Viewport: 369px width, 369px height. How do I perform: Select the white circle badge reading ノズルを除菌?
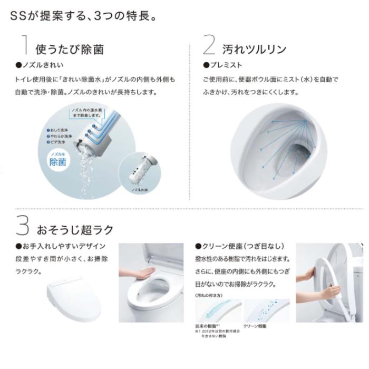pos(57,159)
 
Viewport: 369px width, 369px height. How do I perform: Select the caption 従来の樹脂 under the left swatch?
pos(205,326)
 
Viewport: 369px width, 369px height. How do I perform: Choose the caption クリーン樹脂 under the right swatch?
pos(255,326)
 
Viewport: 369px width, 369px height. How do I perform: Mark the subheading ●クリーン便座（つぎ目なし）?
pos(239,246)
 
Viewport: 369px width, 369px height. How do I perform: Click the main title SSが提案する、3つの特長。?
pos(82,16)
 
